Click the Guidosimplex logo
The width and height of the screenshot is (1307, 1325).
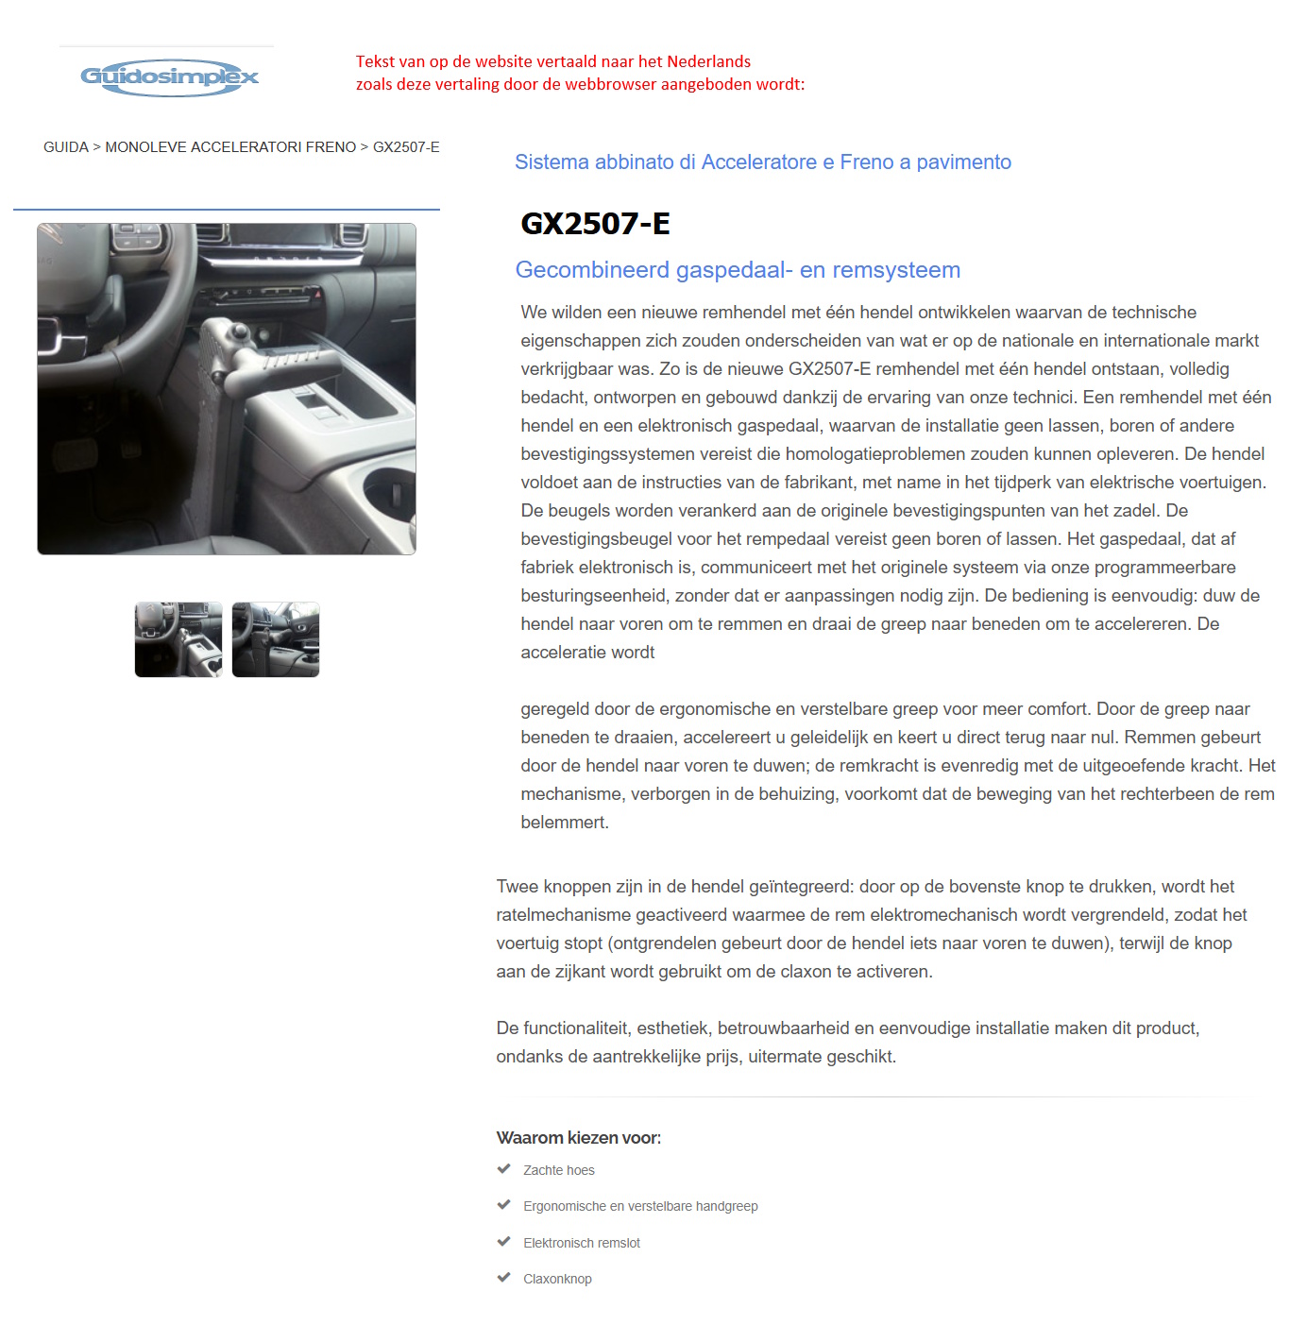pyautogui.click(x=169, y=76)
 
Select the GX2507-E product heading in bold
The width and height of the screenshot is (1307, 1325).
pyautogui.click(x=595, y=224)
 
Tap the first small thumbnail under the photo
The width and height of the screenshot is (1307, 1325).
pyautogui.click(x=178, y=639)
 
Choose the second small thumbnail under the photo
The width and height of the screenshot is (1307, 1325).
pyautogui.click(x=276, y=639)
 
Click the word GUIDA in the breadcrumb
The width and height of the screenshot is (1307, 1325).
pyautogui.click(x=65, y=147)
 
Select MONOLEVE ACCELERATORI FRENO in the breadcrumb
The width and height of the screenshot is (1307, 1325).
pyautogui.click(x=230, y=147)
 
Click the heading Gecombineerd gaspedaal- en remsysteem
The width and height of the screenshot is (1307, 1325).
pyautogui.click(x=738, y=270)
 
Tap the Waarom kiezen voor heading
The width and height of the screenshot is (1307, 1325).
pyautogui.click(x=578, y=1138)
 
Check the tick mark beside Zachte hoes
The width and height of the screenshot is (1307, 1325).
pyautogui.click(x=504, y=1169)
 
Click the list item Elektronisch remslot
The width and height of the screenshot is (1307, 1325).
pyautogui.click(x=582, y=1243)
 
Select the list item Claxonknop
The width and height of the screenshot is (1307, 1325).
pyautogui.click(x=557, y=1279)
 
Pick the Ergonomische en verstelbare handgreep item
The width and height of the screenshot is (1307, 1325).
pyautogui.click(x=640, y=1206)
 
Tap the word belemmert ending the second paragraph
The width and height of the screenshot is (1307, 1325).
pyautogui.click(x=564, y=823)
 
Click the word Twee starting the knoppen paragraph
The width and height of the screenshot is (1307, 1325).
pyautogui.click(x=517, y=887)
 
